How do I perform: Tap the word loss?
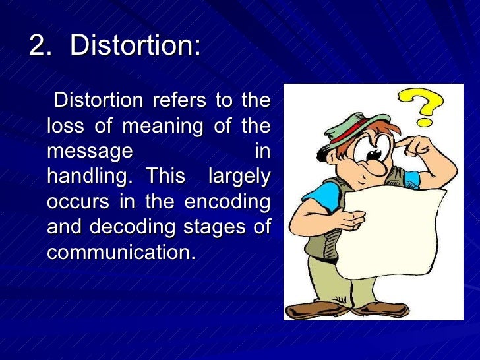(65, 125)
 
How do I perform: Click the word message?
(89, 151)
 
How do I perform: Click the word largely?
(239, 176)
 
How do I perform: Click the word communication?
(121, 251)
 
